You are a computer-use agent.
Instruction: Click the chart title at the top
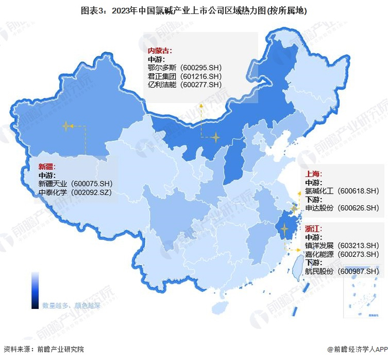click(194, 11)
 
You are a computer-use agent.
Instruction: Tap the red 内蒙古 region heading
click(159, 50)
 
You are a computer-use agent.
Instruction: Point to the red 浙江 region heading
click(314, 229)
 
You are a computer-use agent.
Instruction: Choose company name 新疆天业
click(53, 184)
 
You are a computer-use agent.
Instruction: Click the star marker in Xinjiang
click(67, 126)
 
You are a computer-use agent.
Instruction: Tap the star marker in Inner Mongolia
click(216, 136)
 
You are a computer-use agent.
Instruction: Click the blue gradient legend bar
click(35, 290)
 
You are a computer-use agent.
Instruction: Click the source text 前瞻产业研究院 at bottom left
click(60, 349)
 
